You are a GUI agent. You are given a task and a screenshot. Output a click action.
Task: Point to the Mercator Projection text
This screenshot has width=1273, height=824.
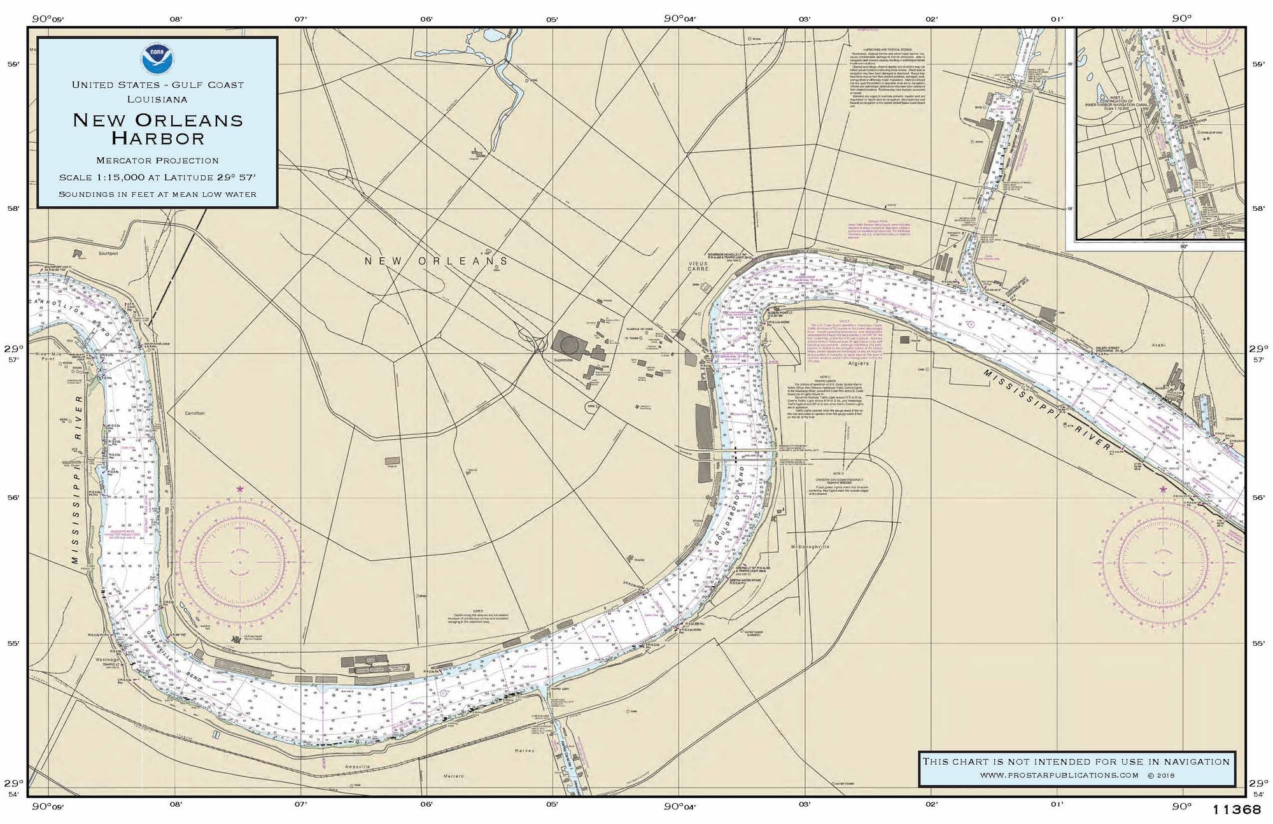point(157,160)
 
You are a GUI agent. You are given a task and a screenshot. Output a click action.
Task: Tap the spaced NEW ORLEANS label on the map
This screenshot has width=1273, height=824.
point(437,261)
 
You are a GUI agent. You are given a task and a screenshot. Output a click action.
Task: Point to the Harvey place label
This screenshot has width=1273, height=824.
point(526,750)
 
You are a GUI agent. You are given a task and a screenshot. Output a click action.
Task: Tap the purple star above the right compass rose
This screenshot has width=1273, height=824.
point(1164,489)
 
